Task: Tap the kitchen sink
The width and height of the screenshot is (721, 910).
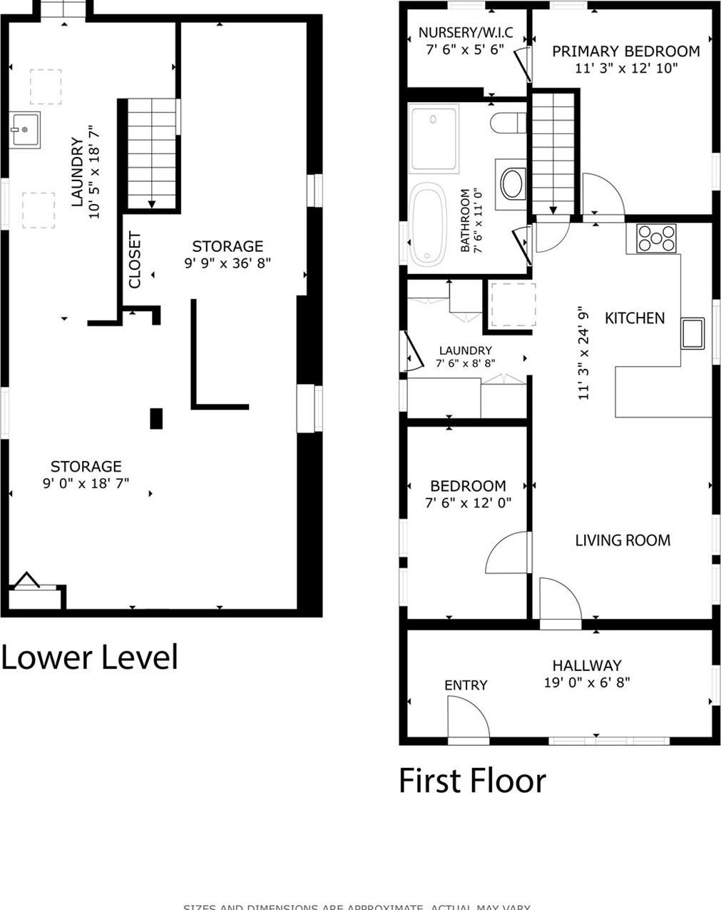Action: [x=692, y=333]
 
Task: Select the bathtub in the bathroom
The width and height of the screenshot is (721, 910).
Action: [x=426, y=223]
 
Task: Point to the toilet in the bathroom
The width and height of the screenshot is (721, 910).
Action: [x=507, y=123]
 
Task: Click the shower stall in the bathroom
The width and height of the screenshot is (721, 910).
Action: [x=434, y=138]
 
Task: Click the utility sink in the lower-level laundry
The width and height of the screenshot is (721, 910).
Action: [x=24, y=129]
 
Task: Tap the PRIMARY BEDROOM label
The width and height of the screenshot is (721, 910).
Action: [x=625, y=51]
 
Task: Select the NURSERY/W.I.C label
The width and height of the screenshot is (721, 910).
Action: [x=465, y=33]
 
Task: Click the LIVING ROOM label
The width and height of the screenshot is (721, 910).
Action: [x=623, y=540]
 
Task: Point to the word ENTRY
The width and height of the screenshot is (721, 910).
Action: [x=466, y=685]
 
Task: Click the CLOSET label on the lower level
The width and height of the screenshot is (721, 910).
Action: [x=135, y=261]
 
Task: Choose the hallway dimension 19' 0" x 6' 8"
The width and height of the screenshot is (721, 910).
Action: [x=586, y=682]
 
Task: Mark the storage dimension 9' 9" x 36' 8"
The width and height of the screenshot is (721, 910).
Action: [x=227, y=263]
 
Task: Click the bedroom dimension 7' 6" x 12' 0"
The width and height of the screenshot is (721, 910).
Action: [x=468, y=503]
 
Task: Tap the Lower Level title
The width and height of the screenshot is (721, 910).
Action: [x=89, y=657]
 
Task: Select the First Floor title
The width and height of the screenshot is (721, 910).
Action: [x=472, y=780]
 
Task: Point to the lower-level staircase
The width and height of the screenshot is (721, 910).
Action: [x=152, y=154]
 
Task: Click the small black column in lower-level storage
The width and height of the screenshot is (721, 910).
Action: [x=156, y=418]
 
